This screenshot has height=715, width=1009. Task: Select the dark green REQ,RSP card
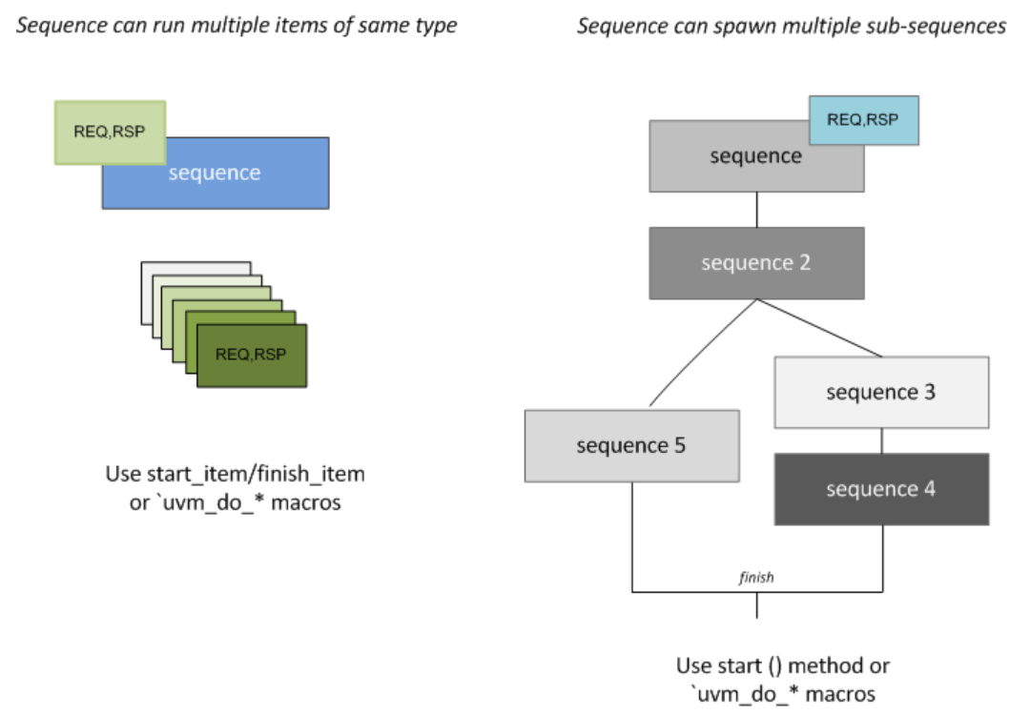click(x=252, y=356)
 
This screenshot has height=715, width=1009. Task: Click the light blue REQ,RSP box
click(x=864, y=120)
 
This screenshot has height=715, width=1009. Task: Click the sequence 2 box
click(x=756, y=263)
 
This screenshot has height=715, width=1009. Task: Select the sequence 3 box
click(x=880, y=392)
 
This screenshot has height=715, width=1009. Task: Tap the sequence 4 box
click(x=880, y=489)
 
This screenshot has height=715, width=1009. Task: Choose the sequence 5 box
click(x=631, y=445)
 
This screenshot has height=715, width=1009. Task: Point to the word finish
click(x=756, y=579)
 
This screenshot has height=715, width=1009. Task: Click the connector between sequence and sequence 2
click(x=756, y=210)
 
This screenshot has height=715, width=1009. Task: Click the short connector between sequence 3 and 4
click(x=880, y=439)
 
